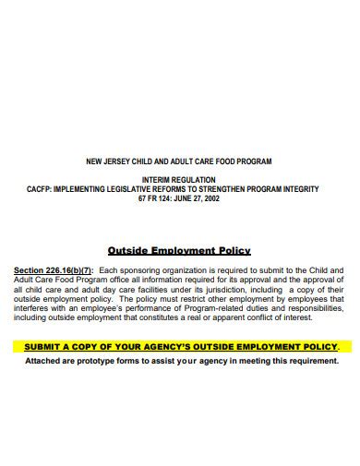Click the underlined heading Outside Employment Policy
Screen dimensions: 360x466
click(x=179, y=249)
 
